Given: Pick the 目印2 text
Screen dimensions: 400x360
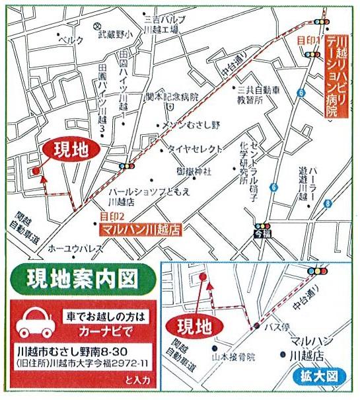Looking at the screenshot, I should [x=112, y=216].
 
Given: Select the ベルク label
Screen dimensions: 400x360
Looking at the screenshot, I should [x=71, y=40].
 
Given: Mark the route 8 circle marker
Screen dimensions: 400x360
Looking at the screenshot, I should [x=328, y=205].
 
